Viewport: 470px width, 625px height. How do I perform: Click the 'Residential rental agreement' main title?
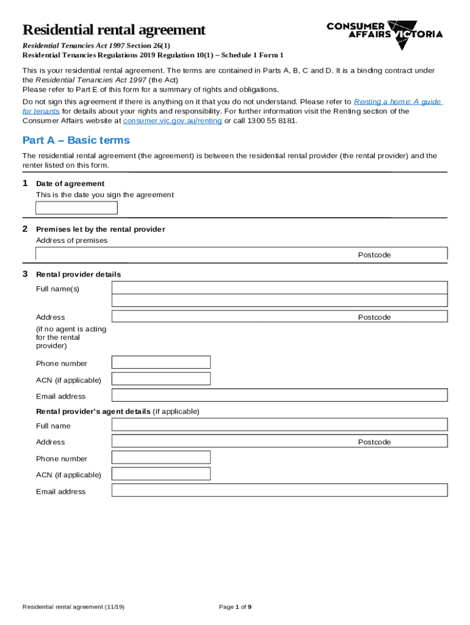click(x=114, y=30)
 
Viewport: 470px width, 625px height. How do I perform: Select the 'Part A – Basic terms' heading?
click(x=76, y=140)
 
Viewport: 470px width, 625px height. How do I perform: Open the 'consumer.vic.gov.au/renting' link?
click(x=172, y=121)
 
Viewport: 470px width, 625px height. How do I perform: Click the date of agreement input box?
click(x=76, y=208)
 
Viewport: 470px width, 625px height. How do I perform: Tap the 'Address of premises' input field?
click(x=195, y=254)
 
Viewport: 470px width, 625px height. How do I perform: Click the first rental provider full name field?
click(x=280, y=287)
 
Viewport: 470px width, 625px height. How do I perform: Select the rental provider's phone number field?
click(x=161, y=363)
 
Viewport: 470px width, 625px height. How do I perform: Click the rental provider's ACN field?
click(x=161, y=379)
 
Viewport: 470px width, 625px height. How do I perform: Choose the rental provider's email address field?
click(x=280, y=396)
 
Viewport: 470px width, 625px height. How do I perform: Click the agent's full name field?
click(x=280, y=425)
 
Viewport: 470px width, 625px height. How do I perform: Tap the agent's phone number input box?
click(x=161, y=458)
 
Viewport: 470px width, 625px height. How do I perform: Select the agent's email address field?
click(x=280, y=491)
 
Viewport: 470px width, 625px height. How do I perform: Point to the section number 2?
click(x=25, y=229)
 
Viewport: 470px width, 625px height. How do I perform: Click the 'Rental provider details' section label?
click(x=78, y=275)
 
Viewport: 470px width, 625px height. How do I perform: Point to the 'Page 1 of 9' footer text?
click(x=235, y=607)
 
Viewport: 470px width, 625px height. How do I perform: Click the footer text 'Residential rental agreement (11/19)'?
click(x=74, y=607)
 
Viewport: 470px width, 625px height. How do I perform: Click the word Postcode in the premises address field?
click(x=374, y=255)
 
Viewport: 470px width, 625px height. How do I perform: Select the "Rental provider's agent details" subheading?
click(x=93, y=411)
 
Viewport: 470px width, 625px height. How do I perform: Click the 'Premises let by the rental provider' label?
click(x=101, y=229)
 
